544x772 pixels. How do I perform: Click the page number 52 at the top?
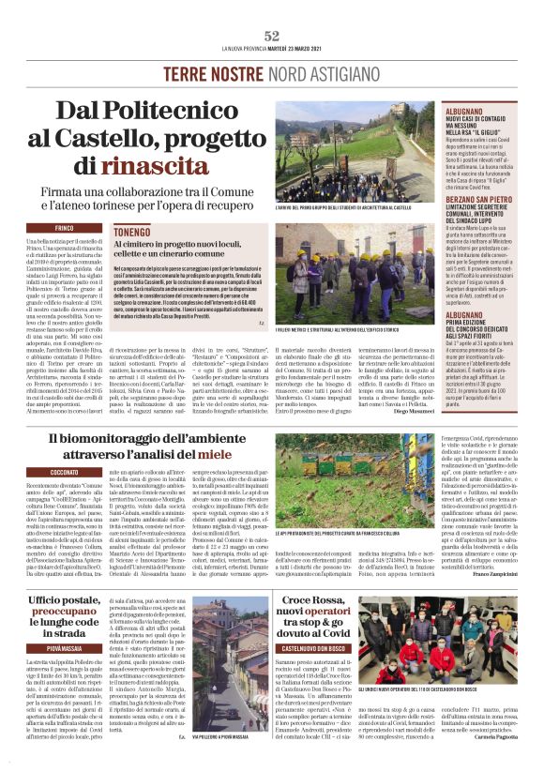[x=272, y=35]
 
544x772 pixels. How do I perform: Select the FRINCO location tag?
[x=65, y=228]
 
